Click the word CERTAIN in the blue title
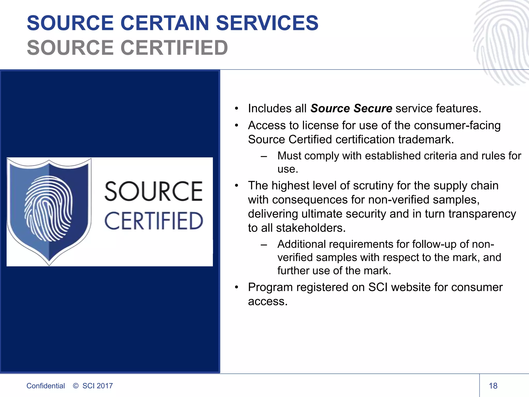click(x=165, y=23)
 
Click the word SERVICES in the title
click(x=267, y=23)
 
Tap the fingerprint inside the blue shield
click(x=48, y=208)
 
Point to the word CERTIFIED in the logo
click(x=153, y=221)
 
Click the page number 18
click(x=493, y=386)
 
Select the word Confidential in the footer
click(x=45, y=386)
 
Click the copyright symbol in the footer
click(x=76, y=386)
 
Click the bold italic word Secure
click(x=373, y=108)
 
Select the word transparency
click(x=482, y=214)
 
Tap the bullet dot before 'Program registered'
click(x=236, y=287)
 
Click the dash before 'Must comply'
click(x=264, y=156)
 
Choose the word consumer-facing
click(x=457, y=125)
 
